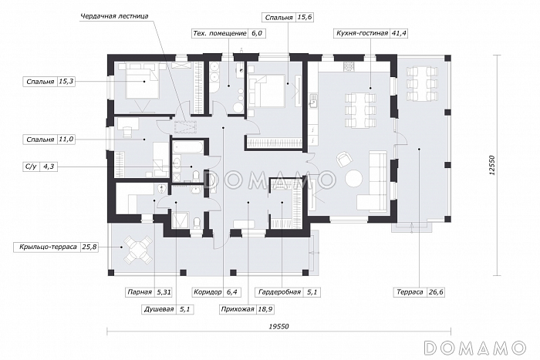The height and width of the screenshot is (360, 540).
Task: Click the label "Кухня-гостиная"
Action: (x=362, y=33)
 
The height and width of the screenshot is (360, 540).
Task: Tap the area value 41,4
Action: (x=399, y=33)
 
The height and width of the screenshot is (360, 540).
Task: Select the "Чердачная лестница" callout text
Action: (x=114, y=16)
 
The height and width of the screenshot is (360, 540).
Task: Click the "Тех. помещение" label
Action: (x=220, y=33)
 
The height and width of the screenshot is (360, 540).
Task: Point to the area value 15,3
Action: (x=66, y=82)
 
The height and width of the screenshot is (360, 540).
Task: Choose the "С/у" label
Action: (x=31, y=167)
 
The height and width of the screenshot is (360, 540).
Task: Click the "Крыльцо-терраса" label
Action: (x=48, y=247)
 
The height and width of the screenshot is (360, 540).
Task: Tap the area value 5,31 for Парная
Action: (x=164, y=292)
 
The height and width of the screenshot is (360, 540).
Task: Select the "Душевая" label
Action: (x=159, y=309)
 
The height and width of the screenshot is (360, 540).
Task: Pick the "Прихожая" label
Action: (x=238, y=309)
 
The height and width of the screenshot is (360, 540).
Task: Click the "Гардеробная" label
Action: (x=279, y=292)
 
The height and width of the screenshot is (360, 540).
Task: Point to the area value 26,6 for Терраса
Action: (x=436, y=292)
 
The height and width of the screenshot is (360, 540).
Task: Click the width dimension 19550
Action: (x=278, y=327)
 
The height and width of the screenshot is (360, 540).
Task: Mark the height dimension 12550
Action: (x=492, y=166)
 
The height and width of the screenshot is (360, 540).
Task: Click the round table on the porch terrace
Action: (x=138, y=250)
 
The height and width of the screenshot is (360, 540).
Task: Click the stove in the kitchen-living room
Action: (x=349, y=66)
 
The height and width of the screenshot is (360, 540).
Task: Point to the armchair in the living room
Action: (x=345, y=159)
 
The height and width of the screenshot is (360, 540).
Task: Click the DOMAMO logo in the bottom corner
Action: (x=475, y=348)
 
